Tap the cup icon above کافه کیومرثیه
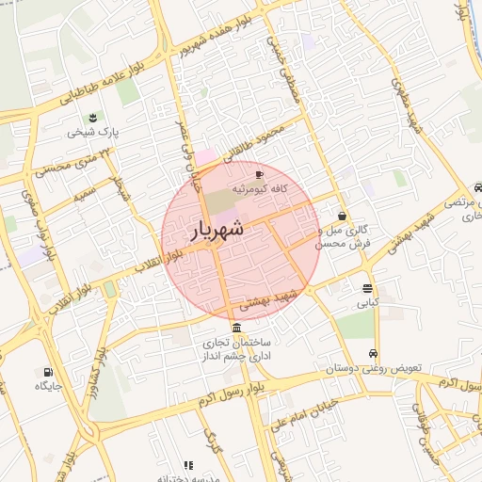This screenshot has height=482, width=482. click(260, 174)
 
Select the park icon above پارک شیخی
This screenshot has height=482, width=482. click(93, 118)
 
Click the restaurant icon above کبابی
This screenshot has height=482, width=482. click(366, 288)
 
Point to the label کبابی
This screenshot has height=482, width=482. click(366, 303)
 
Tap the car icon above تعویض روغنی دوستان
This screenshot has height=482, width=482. click(375, 354)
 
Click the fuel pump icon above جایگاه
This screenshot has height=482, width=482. click(48, 372)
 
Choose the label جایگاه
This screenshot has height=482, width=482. click(48, 386)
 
